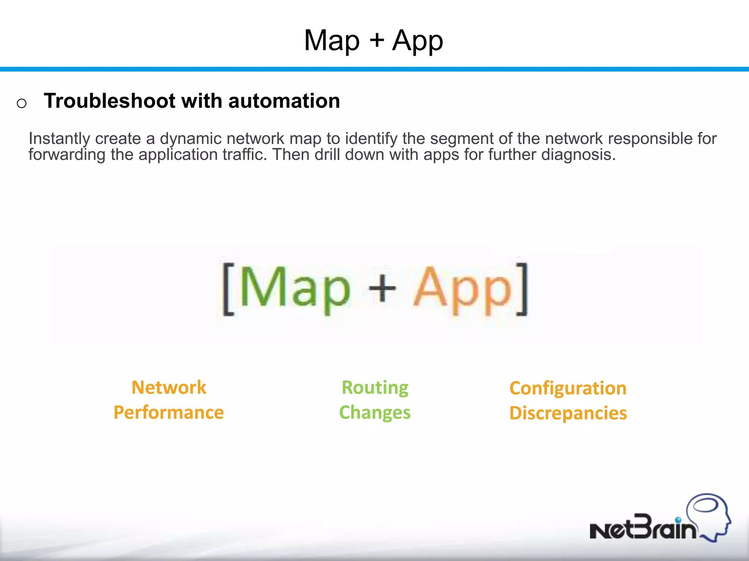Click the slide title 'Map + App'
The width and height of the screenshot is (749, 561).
click(x=373, y=41)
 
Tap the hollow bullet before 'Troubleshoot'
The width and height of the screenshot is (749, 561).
click(x=22, y=103)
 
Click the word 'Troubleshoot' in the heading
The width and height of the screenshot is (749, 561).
click(x=109, y=101)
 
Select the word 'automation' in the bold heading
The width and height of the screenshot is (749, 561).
click(x=284, y=101)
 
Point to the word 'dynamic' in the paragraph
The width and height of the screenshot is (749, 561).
click(x=191, y=139)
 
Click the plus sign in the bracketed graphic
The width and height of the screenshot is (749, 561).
click(x=382, y=288)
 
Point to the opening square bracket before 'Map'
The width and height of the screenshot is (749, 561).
click(x=228, y=289)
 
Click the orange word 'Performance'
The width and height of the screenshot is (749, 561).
click(x=169, y=413)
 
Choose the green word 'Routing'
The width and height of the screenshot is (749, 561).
click(x=375, y=388)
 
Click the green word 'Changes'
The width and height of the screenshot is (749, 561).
click(x=375, y=413)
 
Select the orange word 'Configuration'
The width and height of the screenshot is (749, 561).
click(x=568, y=388)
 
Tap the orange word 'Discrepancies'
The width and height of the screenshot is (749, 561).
click(x=568, y=413)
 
